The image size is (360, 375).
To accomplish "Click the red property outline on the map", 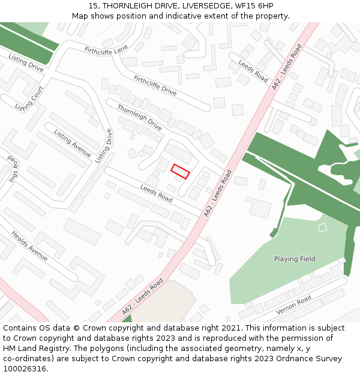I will [x=180, y=171].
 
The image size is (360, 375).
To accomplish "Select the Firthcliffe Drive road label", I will [x=155, y=85].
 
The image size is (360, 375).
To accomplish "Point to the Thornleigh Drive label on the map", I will [x=139, y=118].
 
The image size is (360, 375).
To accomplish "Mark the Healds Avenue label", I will [x=29, y=246].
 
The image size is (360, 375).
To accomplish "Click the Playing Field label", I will [x=295, y=259].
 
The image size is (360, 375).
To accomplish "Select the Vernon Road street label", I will [x=293, y=305].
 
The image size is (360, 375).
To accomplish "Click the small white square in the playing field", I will [x=322, y=227].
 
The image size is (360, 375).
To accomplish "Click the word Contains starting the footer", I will [x=20, y=328].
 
